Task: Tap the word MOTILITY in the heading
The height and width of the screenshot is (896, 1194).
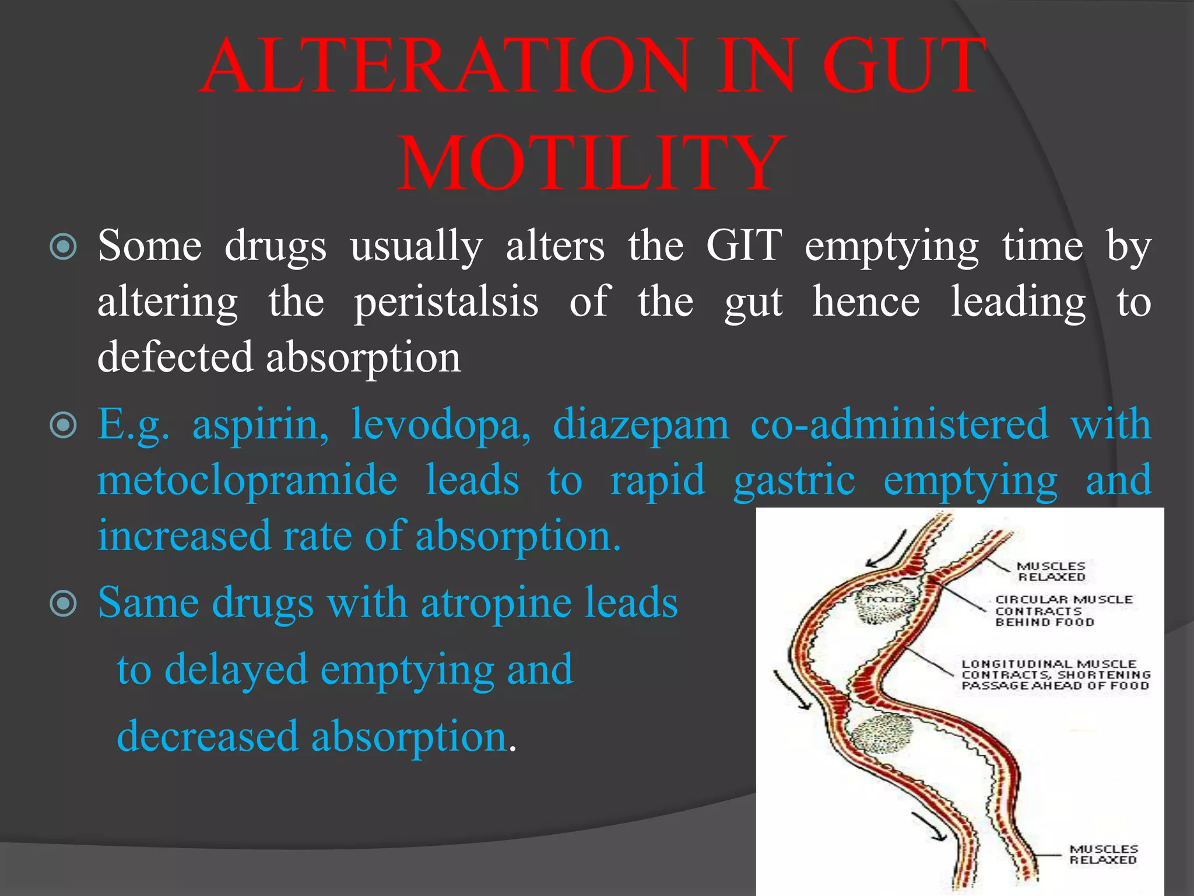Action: pos(591,163)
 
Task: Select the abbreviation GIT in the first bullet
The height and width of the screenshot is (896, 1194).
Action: pos(744,246)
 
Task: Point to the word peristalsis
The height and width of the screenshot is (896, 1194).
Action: pos(446,302)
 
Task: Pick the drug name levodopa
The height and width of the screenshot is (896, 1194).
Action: pos(441,424)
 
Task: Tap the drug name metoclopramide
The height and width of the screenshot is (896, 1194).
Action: pos(247,480)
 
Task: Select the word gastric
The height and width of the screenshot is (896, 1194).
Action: pos(794,480)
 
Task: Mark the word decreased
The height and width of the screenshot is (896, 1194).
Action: pos(208,736)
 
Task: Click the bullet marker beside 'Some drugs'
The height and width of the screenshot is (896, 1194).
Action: pos(63,247)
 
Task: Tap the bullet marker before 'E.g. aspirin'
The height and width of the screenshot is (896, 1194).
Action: pos(63,425)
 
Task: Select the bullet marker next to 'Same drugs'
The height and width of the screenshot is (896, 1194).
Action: pos(63,604)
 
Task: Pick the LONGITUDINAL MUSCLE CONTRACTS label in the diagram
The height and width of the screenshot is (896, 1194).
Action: pos(1055,675)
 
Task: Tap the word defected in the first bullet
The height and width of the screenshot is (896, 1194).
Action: pos(175,358)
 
